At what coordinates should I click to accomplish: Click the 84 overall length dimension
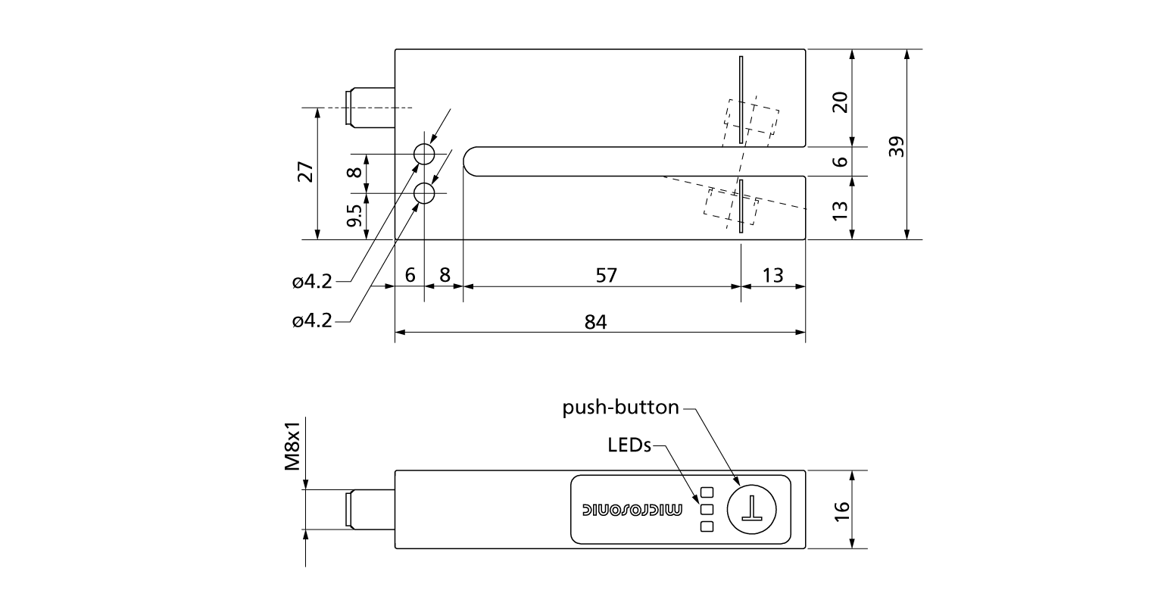(597, 322)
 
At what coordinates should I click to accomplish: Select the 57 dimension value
(607, 275)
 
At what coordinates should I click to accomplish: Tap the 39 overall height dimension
(897, 146)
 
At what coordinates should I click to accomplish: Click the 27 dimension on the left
(304, 173)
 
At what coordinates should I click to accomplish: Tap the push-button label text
(621, 408)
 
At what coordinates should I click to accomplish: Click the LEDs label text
(629, 445)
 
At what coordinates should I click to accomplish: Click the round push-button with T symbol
(752, 509)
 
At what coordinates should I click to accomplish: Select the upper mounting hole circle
(424, 155)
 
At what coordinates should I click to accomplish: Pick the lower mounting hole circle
(424, 193)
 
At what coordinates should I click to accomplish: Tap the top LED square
(707, 492)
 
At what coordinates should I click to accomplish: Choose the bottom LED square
(707, 526)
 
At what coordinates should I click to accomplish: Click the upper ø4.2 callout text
(312, 282)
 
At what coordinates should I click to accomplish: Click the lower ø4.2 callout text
(312, 320)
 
